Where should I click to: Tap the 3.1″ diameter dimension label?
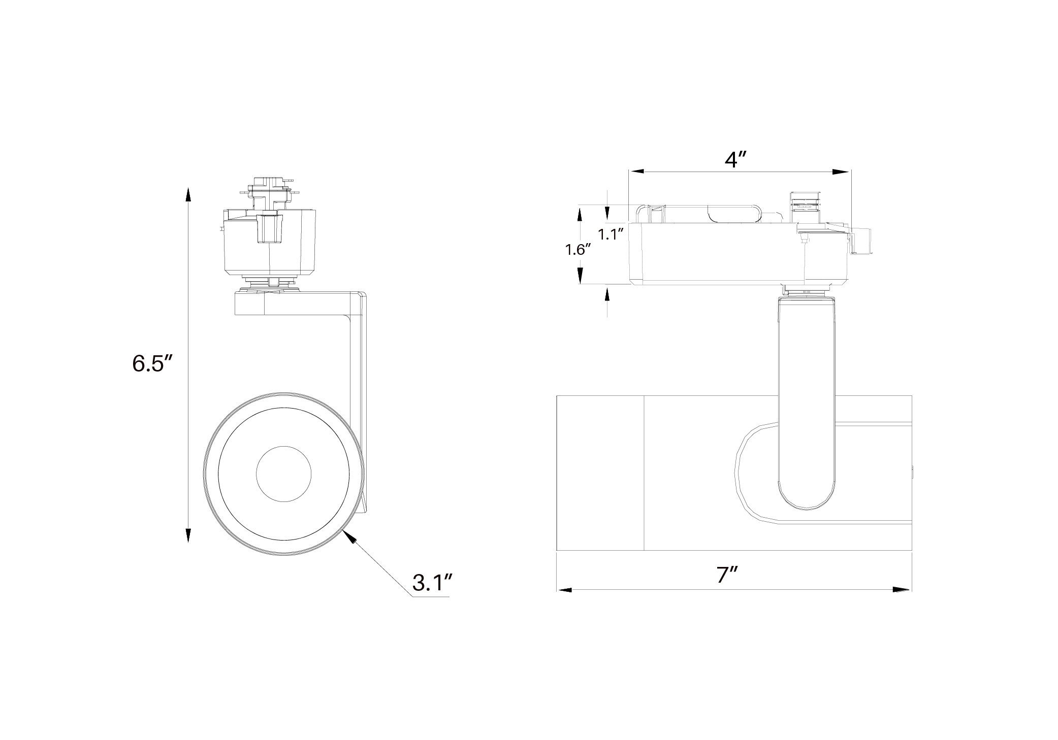coord(432,583)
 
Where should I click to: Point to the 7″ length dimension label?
coord(727,575)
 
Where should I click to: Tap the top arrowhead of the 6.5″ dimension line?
coord(188,196)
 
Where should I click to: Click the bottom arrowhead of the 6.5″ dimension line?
coord(188,534)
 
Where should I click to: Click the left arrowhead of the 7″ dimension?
coord(565,590)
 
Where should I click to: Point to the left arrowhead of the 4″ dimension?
coord(636,172)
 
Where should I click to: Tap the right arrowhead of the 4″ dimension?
coord(843,172)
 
